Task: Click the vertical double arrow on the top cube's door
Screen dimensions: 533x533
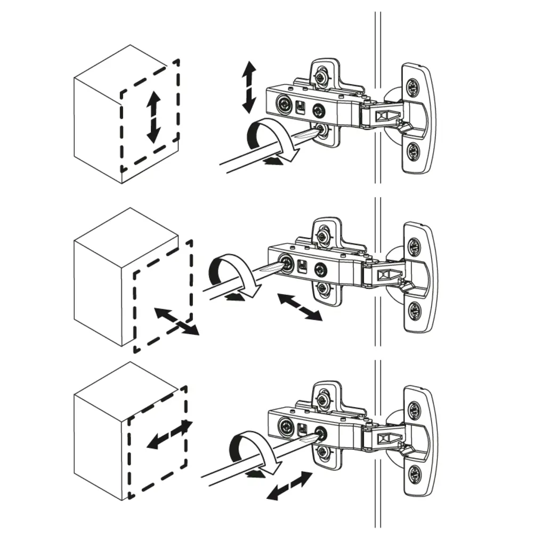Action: [x=154, y=116]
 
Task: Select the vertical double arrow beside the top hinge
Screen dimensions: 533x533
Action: [x=248, y=86]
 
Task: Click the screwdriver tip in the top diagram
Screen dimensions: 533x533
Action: [x=318, y=131]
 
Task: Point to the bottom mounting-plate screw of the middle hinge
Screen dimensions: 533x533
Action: [x=322, y=288]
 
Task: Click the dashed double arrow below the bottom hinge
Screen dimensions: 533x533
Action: [x=288, y=486]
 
